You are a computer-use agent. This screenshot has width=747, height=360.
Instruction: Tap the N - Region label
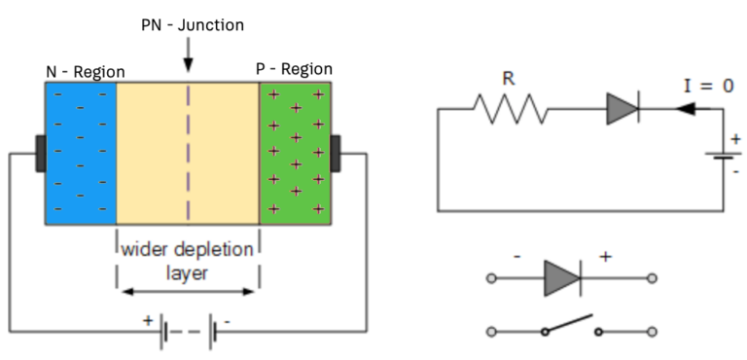pos(85,72)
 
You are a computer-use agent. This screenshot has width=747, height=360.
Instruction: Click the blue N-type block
pos(81,152)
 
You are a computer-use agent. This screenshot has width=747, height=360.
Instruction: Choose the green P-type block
pos(295,152)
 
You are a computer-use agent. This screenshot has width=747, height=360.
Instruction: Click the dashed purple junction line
pos(188,152)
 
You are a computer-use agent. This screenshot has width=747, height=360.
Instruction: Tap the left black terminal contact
pos(40,153)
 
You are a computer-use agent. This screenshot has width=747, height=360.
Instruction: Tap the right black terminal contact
pos(336,153)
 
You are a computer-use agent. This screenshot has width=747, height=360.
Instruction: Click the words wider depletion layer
pos(188,261)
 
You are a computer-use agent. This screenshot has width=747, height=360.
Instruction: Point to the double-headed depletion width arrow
pos(188,290)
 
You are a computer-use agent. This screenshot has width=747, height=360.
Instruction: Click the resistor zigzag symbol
pos(511,110)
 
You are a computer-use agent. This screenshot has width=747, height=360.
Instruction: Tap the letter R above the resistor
pos(508,79)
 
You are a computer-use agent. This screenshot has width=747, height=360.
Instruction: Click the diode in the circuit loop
pos(622,110)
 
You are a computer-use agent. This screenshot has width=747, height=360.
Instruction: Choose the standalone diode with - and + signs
pos(563,278)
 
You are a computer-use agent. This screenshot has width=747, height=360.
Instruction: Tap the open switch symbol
pos(569,327)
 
